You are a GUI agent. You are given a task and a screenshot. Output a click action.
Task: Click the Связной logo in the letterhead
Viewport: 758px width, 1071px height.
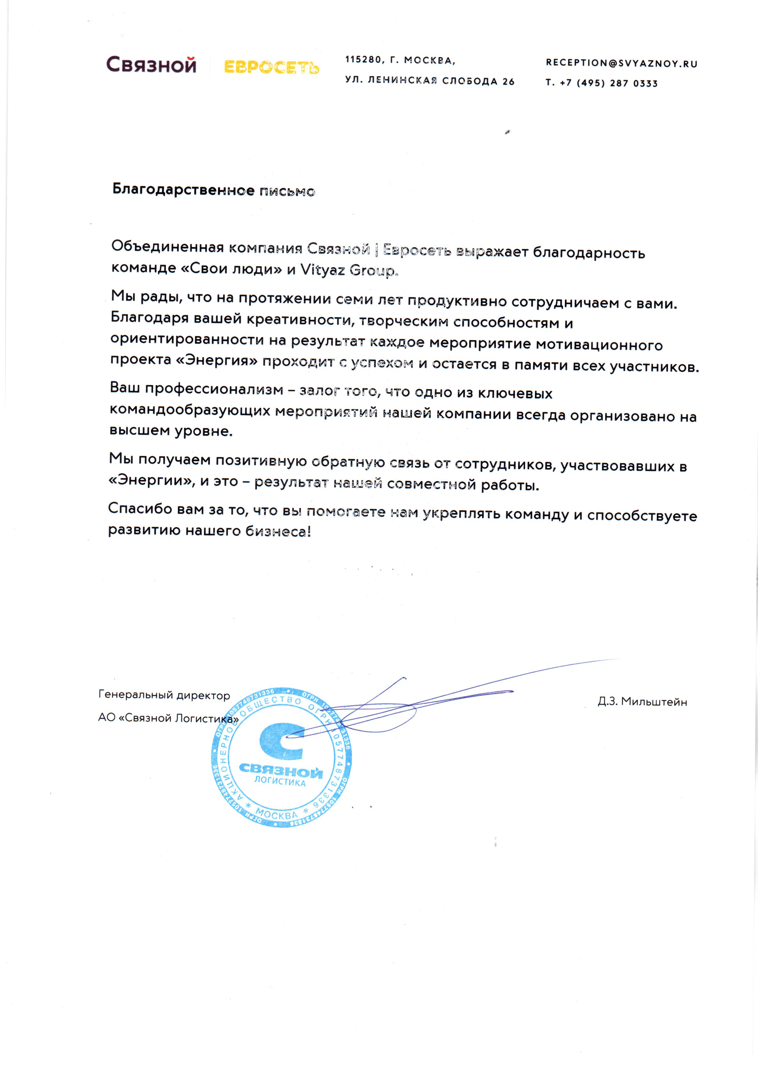point(151,65)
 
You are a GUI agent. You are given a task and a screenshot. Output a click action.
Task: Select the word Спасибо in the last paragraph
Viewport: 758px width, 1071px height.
point(140,508)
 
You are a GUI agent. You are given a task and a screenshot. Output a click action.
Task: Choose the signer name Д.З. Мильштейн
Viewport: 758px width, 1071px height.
point(642,702)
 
